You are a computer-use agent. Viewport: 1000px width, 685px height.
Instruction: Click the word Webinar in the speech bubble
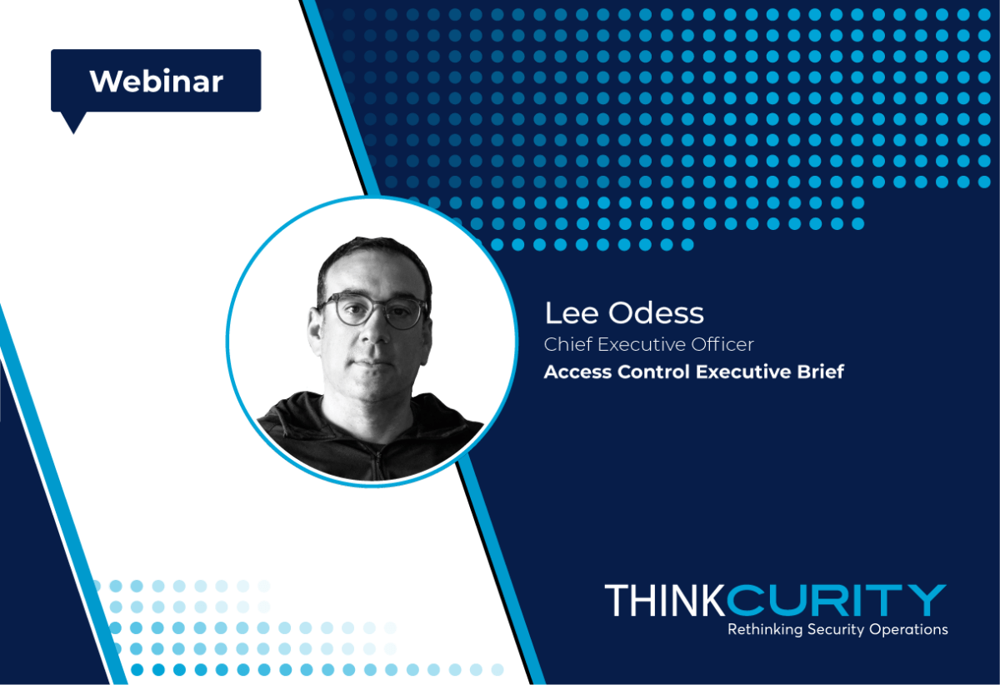click(x=157, y=82)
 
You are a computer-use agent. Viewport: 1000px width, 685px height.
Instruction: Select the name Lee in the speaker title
click(x=572, y=313)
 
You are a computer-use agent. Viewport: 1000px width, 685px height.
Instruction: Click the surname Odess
click(x=657, y=312)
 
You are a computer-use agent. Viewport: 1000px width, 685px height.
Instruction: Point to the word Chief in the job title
click(x=568, y=344)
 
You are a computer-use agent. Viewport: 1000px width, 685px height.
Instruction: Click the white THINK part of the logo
click(x=665, y=600)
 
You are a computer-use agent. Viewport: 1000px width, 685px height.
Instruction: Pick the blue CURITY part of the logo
click(x=836, y=600)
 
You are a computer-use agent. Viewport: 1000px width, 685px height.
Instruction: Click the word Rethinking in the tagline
click(x=765, y=630)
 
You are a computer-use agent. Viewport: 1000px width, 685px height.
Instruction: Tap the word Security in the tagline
click(x=836, y=630)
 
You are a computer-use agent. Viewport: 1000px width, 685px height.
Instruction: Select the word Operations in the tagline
click(x=908, y=630)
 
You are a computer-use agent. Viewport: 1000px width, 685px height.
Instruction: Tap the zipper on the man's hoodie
click(x=379, y=464)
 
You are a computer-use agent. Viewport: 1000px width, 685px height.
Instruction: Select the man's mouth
click(x=372, y=362)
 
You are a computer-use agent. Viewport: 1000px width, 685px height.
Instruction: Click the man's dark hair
click(x=374, y=259)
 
